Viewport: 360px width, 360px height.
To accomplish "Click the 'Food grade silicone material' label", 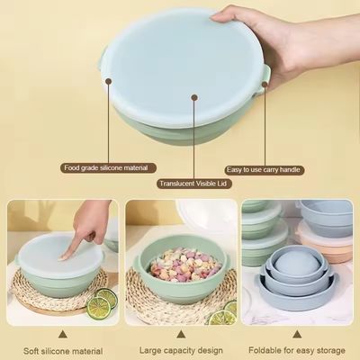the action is pyautogui.click(x=106, y=167).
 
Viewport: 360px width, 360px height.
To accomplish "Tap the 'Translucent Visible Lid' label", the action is pyautogui.click(x=194, y=184).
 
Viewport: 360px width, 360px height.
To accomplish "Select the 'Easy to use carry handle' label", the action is pyautogui.click(x=264, y=170).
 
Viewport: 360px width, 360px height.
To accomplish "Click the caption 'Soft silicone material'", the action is pyautogui.click(x=63, y=351).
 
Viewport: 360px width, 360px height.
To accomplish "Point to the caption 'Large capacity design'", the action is pyautogui.click(x=181, y=350).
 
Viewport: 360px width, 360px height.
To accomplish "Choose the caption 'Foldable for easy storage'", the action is pyautogui.click(x=297, y=350).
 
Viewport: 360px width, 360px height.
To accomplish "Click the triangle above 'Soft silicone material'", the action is pyautogui.click(x=62, y=334).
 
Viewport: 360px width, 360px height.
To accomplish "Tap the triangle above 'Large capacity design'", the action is pyautogui.click(x=181, y=334).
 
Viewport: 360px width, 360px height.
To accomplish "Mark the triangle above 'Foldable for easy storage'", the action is pyautogui.click(x=297, y=334).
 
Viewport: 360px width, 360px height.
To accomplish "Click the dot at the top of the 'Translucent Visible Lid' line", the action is pyautogui.click(x=194, y=97).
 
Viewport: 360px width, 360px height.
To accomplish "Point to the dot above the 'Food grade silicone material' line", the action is pyautogui.click(x=109, y=81).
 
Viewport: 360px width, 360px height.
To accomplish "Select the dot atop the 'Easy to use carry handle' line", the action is pyautogui.click(x=265, y=84).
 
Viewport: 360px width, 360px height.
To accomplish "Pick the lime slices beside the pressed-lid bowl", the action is pyautogui.click(x=102, y=302).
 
